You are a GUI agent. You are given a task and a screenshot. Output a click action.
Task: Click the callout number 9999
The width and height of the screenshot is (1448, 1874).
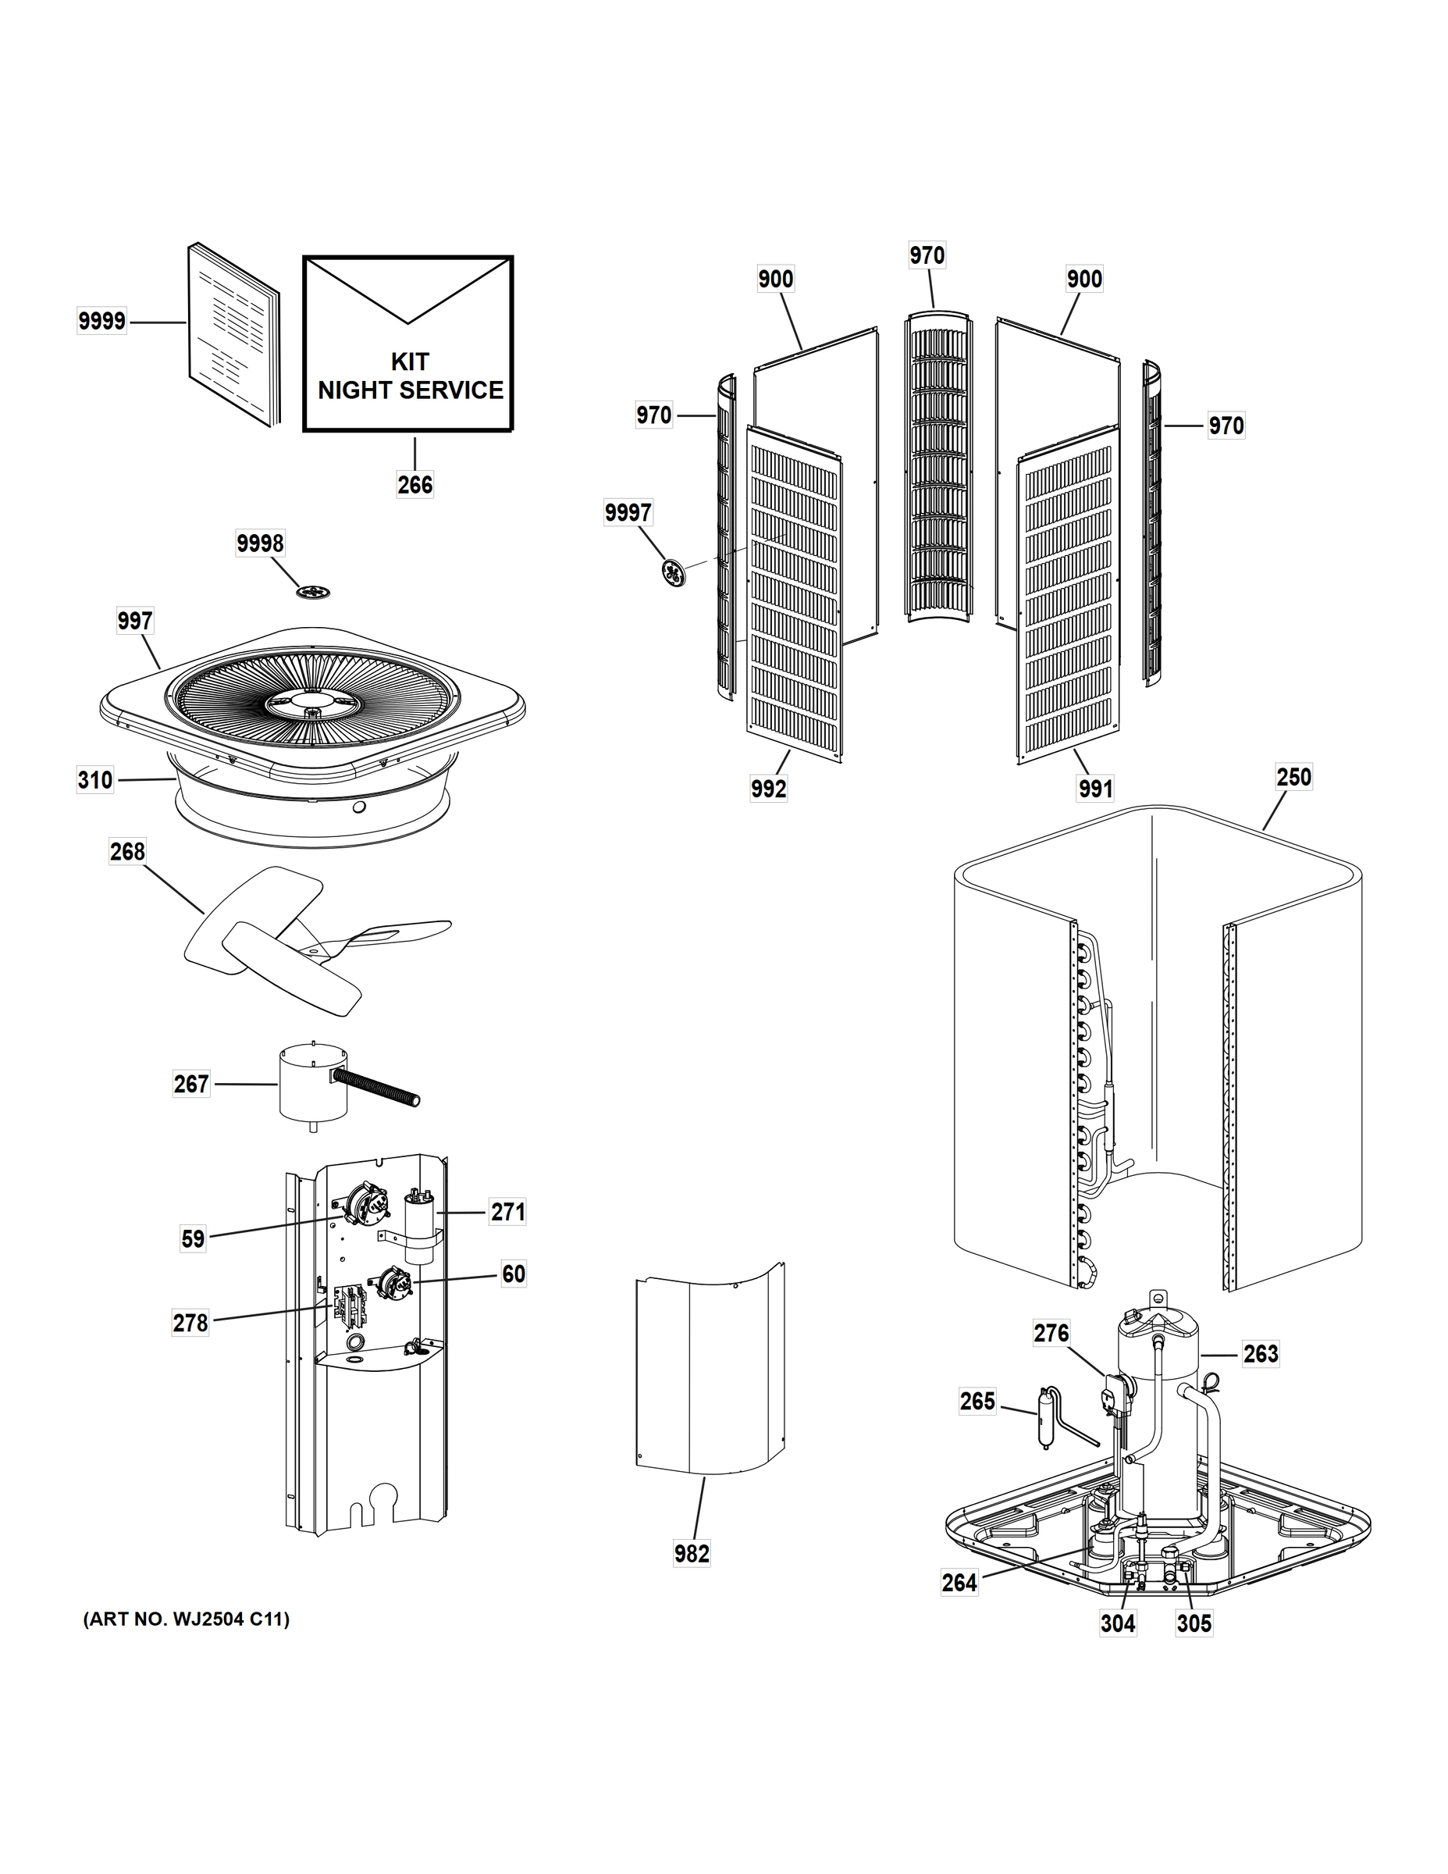(x=101, y=322)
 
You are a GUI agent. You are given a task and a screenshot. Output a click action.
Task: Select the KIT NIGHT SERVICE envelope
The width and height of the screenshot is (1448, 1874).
(x=408, y=344)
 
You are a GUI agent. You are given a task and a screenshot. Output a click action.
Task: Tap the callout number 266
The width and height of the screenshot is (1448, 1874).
(x=414, y=486)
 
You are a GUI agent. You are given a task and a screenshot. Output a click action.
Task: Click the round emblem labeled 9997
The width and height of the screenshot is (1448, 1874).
(x=674, y=572)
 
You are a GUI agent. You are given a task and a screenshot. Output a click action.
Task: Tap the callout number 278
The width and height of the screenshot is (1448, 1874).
(x=190, y=1324)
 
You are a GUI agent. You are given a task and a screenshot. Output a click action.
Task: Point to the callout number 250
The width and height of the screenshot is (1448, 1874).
(x=1293, y=778)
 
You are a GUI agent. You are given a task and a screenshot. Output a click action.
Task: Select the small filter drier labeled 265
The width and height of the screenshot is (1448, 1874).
(x=1045, y=1420)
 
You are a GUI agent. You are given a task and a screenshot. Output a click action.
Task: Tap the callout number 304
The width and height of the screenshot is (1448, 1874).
(x=1118, y=1623)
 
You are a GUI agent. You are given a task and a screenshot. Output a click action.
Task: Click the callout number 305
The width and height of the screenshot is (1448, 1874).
(x=1194, y=1623)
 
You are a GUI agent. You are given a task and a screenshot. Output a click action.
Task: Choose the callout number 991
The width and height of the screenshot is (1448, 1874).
(x=1095, y=789)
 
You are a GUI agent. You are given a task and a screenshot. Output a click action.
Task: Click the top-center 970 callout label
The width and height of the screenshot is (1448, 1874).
(x=927, y=255)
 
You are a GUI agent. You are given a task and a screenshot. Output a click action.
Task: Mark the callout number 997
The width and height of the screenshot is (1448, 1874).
(x=135, y=622)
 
